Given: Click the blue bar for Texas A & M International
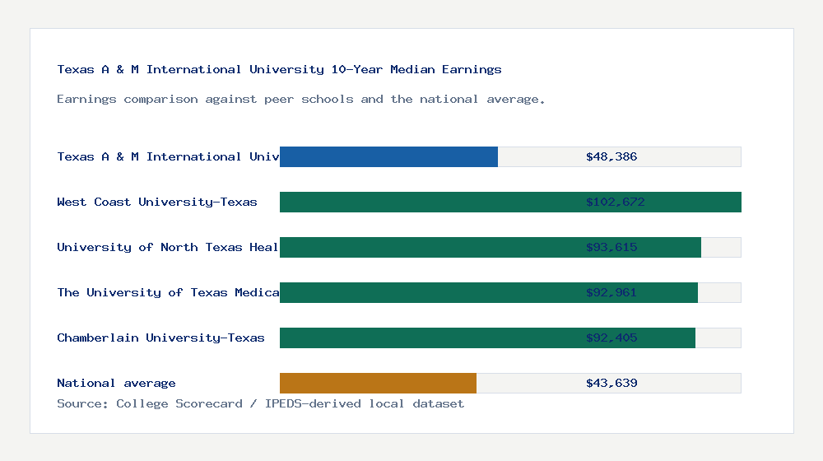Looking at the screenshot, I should pos(388,156).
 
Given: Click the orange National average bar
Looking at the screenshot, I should pos(378,383).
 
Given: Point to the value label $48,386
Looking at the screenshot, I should pos(611,156).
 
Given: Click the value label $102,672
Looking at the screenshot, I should pos(611,202).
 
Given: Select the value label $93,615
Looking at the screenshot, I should pos(611,247).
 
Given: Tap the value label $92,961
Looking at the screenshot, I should pos(611,292).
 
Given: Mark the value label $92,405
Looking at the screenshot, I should pos(611,338).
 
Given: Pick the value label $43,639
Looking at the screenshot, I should pos(611,383).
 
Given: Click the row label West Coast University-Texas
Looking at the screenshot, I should pos(157,202).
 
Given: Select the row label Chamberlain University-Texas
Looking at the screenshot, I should pos(160,338).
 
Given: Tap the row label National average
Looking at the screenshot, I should pos(116,383).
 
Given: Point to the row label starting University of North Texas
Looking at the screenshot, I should pos(168,247).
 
